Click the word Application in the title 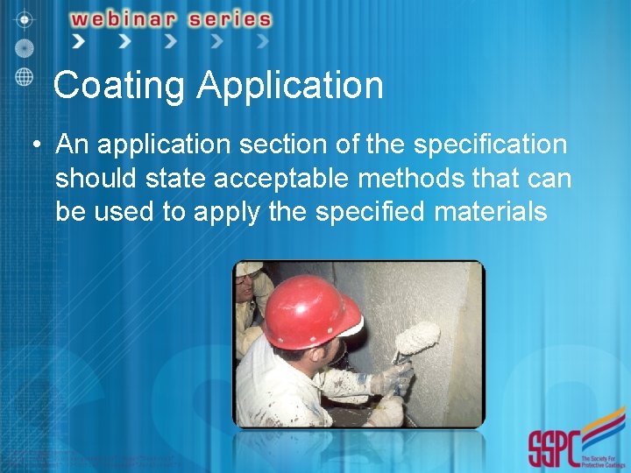coord(290,86)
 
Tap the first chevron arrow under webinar coord(78,41)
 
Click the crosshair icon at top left coord(24,18)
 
